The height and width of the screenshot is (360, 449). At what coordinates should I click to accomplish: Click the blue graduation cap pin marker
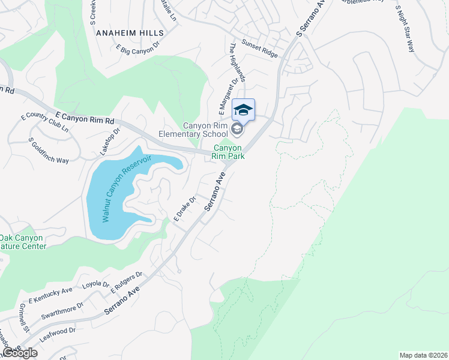click(243, 110)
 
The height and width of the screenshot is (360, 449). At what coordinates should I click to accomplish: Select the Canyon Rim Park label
click(228, 151)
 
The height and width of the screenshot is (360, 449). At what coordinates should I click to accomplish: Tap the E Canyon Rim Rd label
click(85, 117)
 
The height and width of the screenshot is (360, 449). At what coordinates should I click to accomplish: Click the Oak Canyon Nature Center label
click(22, 242)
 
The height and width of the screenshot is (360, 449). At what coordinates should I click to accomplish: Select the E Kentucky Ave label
click(50, 295)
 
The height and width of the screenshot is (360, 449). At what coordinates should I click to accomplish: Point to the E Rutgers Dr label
click(125, 283)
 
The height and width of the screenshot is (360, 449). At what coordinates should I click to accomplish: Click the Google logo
click(19, 353)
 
